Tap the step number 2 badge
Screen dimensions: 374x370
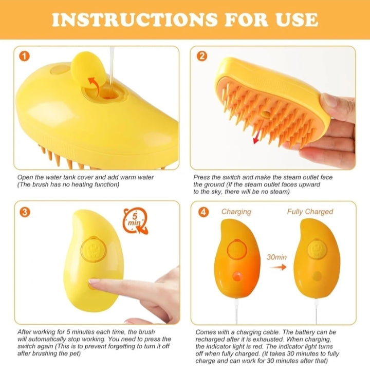202,56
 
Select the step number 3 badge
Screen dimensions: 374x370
24,212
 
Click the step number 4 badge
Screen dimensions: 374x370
203,212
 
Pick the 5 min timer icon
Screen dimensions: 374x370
135,222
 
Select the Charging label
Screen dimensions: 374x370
236,212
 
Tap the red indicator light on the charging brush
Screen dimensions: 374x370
237,276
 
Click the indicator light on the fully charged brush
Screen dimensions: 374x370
318,276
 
